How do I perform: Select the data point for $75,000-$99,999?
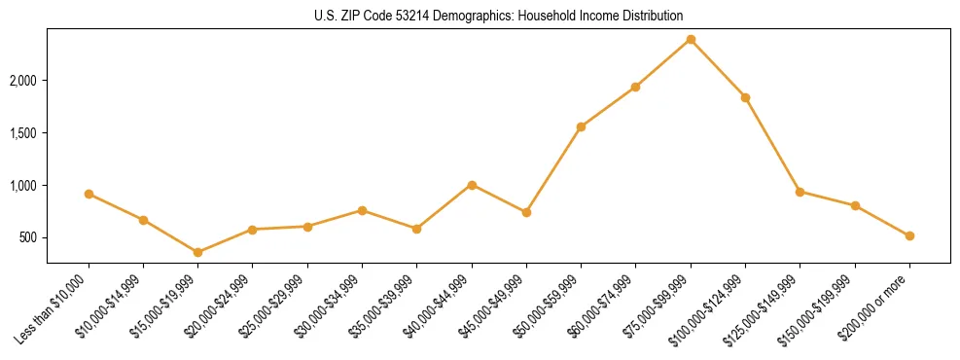click(x=691, y=40)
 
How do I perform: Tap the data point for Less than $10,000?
click(x=89, y=194)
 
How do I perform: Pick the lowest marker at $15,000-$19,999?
click(x=198, y=252)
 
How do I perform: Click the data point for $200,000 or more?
click(x=909, y=235)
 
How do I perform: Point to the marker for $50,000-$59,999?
click(x=581, y=126)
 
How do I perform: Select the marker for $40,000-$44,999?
click(x=472, y=185)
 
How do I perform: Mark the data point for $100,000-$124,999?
click(x=745, y=97)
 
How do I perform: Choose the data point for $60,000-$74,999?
click(x=635, y=87)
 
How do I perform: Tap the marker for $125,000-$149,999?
click(x=800, y=192)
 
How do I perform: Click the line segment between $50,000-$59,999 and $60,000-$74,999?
click(x=608, y=107)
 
